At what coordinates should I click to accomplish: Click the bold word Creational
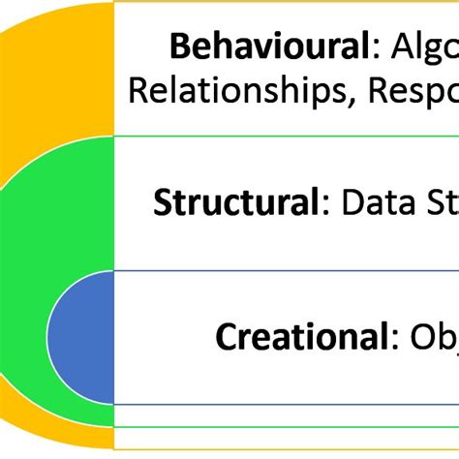coord(299,337)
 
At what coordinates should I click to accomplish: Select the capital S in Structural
coord(162,204)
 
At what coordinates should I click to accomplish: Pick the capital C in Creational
coord(226,338)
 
